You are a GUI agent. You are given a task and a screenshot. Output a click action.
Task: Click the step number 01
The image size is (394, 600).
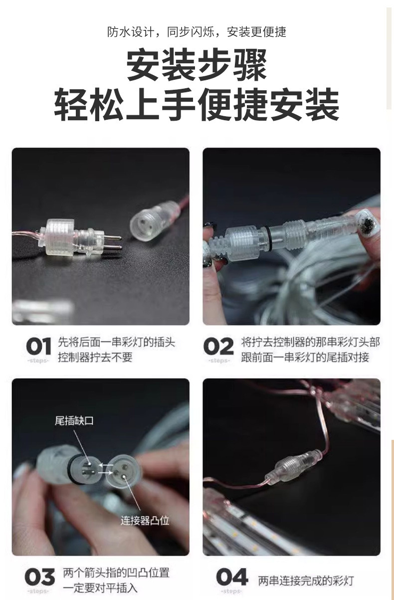38,346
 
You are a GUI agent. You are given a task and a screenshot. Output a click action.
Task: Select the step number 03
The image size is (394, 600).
39,577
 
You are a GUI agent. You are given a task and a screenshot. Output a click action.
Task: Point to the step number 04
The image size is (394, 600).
232,577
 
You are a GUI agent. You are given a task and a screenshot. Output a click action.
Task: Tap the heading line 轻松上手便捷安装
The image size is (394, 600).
197,105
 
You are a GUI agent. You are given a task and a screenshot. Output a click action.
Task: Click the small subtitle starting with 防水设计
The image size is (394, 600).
197,32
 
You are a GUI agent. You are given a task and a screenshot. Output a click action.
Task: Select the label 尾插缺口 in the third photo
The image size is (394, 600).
74,421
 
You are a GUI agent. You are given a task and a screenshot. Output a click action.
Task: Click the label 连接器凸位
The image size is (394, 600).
145,521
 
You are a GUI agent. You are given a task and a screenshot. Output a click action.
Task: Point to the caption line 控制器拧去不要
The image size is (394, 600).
95,358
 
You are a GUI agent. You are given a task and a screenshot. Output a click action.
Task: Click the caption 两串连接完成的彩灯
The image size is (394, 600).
305,581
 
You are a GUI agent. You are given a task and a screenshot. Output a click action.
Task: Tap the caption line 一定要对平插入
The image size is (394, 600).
100,588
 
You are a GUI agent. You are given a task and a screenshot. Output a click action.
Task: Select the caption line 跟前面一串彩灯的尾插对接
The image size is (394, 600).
305,358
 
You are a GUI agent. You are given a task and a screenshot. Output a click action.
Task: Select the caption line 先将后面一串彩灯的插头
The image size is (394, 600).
116,342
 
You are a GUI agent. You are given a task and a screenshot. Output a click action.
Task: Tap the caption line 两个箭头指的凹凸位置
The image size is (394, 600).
116,572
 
